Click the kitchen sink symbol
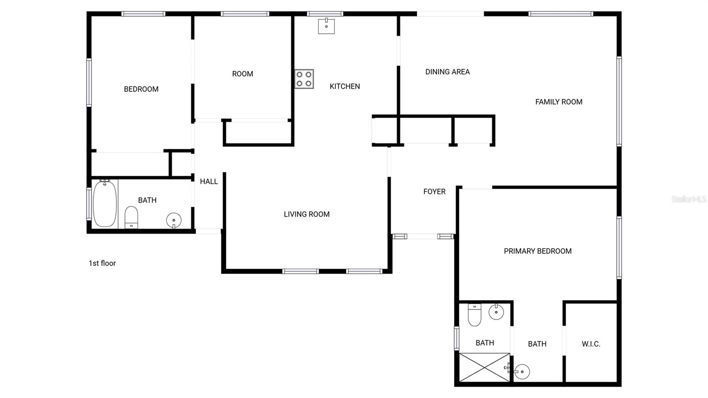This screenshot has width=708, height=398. click(326, 26)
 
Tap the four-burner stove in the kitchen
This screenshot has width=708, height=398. click(304, 79)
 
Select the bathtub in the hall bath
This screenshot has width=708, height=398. click(105, 204)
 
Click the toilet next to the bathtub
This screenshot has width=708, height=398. click(131, 217)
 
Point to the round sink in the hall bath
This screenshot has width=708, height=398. click(173, 220)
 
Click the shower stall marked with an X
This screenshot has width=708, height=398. click(485, 367)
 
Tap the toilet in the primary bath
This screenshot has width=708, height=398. click(474, 315)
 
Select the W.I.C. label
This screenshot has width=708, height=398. click(591, 344)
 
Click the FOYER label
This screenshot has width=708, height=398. click(434, 192)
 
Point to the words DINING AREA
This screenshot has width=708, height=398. click(447, 72)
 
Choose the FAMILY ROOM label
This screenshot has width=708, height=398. click(558, 102)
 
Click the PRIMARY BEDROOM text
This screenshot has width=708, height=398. click(538, 251)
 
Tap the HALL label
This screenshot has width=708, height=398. click(209, 182)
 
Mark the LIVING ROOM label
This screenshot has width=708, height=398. click(307, 214)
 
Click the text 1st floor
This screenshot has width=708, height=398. click(102, 263)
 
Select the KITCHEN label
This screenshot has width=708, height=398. click(345, 86)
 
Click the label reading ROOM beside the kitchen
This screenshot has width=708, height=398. click(242, 74)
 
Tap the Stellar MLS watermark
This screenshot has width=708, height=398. click(689, 199)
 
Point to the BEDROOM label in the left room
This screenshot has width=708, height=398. click(141, 89)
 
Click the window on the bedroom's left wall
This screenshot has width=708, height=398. click(89, 83)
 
